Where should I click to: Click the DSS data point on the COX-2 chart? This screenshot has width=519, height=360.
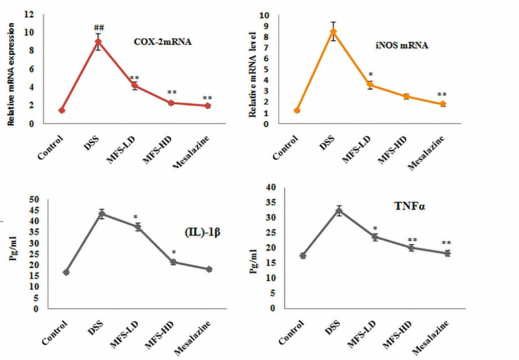pyautogui.click(x=98, y=42)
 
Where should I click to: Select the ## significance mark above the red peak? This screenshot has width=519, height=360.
pyautogui.click(x=99, y=28)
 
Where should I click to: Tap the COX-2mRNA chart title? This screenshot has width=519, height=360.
pyautogui.click(x=163, y=43)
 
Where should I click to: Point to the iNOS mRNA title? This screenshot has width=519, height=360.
pyautogui.click(x=402, y=46)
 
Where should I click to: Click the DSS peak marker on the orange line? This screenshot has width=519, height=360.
pyautogui.click(x=333, y=31)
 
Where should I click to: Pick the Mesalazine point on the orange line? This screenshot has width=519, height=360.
pyautogui.click(x=443, y=104)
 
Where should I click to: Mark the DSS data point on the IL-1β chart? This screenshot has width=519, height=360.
pyautogui.click(x=102, y=214)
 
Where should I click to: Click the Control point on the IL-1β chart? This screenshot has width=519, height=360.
pyautogui.click(x=66, y=272)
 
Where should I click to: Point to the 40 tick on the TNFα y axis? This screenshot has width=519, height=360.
pyautogui.click(x=272, y=187)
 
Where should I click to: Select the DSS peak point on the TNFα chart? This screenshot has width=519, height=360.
pyautogui.click(x=339, y=211)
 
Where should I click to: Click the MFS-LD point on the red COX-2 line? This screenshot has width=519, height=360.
pyautogui.click(x=135, y=85)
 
